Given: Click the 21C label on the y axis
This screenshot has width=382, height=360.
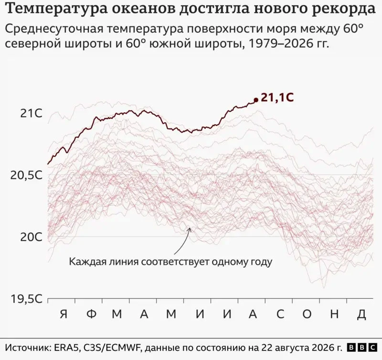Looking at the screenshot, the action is click(31, 113).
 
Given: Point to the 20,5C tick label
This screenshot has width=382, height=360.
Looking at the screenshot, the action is click(26, 175).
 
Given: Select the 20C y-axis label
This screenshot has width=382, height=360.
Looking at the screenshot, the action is click(31, 237).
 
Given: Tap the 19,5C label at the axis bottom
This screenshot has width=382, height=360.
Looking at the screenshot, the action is click(26, 298).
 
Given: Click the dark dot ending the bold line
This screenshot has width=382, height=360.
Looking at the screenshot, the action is click(256, 100).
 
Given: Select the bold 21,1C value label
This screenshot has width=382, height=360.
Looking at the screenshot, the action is click(277, 98).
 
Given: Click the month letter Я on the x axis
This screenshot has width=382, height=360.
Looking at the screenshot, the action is click(64, 314).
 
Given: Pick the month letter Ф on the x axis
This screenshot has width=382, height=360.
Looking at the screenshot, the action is click(92, 314).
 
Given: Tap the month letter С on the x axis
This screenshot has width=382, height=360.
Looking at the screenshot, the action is click(280, 314).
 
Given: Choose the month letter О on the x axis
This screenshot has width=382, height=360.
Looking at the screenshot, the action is click(307, 314).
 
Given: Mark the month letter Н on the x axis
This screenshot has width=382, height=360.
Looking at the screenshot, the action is click(335, 314).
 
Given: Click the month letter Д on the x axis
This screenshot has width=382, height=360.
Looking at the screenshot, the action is click(362, 315).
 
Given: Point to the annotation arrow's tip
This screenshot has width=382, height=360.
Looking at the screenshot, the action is click(190, 228).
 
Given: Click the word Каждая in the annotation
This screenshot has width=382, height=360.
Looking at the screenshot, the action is click(87, 262).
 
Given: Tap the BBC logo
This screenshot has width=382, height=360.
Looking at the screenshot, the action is click(361, 347).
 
